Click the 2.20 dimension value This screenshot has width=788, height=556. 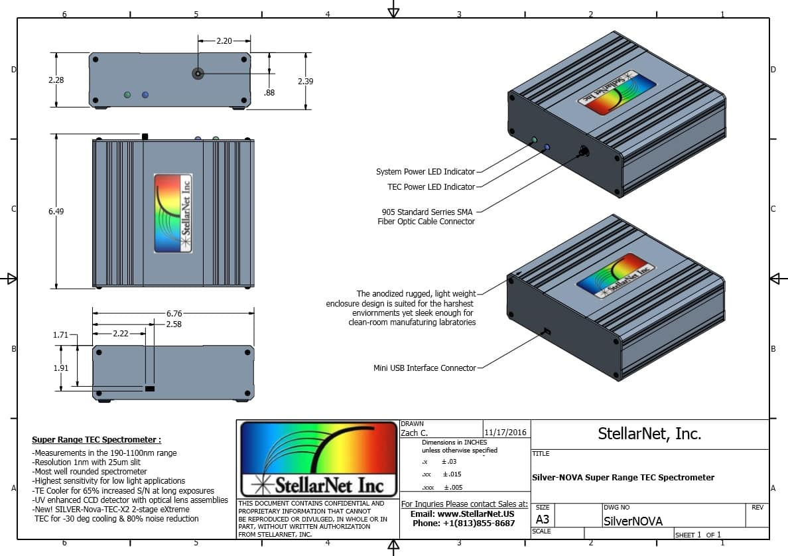pos(224,41)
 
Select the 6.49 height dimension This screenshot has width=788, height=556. pos(56,211)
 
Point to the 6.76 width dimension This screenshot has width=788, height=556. pos(174,313)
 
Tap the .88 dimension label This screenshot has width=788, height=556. pos(269,93)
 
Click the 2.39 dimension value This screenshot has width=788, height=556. pos(305,81)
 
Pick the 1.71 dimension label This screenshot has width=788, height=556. pos(60,335)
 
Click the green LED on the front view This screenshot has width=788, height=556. pos(127,95)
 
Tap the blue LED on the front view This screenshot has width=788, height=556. pos(145,95)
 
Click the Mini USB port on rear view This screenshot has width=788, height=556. pos(150,388)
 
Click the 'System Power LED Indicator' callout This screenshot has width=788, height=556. pos(425,172)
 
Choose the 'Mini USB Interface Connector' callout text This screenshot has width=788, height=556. pos(425,368)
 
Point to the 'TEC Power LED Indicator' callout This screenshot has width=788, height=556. pos(430,187)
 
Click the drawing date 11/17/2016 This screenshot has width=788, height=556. pos(505,433)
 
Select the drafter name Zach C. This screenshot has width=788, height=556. pos(415,433)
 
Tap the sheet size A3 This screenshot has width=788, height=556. pos(542,520)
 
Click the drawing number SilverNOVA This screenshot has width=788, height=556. pos(632,521)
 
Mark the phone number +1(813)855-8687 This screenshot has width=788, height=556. pos(464,523)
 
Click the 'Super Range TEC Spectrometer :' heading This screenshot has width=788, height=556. pos(96,439)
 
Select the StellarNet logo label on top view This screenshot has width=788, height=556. pos(173,213)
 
